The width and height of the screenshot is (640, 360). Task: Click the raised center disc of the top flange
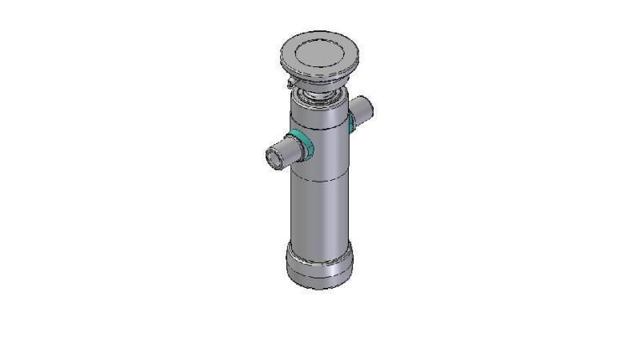coord(320,52)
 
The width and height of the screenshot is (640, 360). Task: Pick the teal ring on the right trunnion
coord(352,119)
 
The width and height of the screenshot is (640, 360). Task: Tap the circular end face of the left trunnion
coord(274,159)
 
